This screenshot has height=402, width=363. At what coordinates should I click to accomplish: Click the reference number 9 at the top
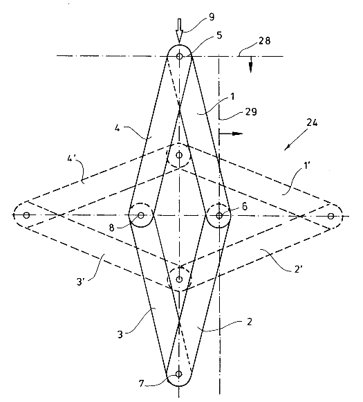[212, 17]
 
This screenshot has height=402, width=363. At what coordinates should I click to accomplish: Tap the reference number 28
[264, 41]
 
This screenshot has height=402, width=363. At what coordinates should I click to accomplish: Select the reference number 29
[250, 112]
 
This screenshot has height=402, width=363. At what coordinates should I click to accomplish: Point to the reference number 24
[312, 122]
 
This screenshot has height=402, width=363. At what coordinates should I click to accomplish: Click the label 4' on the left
[71, 158]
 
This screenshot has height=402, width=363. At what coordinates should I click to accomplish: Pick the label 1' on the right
[307, 165]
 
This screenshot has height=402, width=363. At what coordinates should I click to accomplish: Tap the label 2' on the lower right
[298, 269]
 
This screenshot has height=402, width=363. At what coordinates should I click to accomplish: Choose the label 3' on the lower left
[80, 282]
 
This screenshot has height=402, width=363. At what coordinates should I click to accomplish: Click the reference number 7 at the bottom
[142, 383]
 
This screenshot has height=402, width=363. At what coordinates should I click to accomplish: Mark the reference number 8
[111, 228]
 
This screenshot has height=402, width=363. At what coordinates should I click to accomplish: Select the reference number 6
[245, 206]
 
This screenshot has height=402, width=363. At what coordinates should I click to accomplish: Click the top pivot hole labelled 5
[179, 56]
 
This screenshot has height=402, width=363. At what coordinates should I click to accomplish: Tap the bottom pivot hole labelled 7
[179, 374]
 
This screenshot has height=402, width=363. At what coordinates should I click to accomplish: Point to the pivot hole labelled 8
[140, 215]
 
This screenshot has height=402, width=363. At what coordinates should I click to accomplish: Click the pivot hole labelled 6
[219, 216]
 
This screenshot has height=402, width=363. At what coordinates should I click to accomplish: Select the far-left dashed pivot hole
[26, 215]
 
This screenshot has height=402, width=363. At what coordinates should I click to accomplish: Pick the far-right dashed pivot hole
[331, 216]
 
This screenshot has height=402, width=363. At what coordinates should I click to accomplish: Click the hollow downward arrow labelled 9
[179, 30]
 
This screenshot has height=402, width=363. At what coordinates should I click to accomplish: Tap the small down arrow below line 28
[251, 64]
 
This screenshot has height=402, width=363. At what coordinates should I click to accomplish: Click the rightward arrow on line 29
[230, 134]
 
